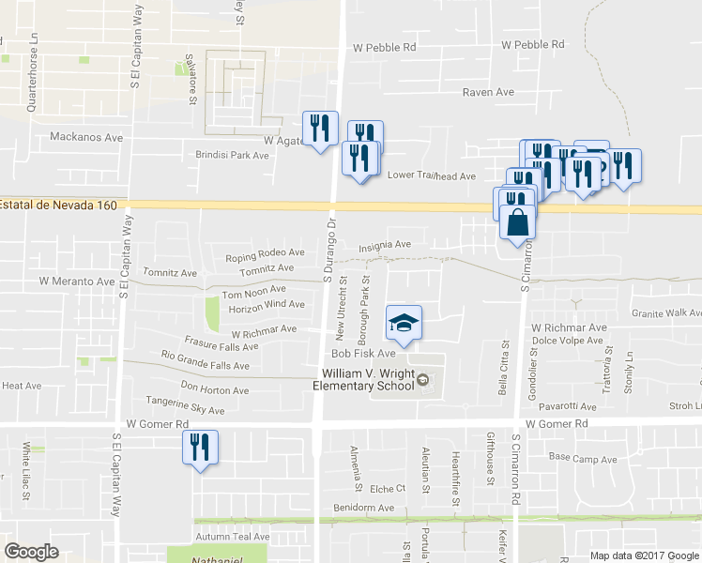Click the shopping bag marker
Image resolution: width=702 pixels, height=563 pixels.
517,223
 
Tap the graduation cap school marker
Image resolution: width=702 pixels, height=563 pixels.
404,325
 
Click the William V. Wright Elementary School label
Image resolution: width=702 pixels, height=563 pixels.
362,379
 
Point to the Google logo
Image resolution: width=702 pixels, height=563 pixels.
31,552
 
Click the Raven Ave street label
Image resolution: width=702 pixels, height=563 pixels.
489,92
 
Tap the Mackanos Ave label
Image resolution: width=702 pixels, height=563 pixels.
87,137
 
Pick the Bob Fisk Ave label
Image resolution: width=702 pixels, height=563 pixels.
363,354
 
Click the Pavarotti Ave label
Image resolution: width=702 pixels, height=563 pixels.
562,407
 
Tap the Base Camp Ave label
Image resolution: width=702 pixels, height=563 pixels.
583,459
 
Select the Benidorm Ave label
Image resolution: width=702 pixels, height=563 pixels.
363,508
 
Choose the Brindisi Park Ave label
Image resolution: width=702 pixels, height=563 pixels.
232,155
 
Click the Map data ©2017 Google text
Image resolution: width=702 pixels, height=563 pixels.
644,555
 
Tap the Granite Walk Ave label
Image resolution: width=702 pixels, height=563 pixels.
666,313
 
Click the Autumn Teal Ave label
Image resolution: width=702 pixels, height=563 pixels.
232,537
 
